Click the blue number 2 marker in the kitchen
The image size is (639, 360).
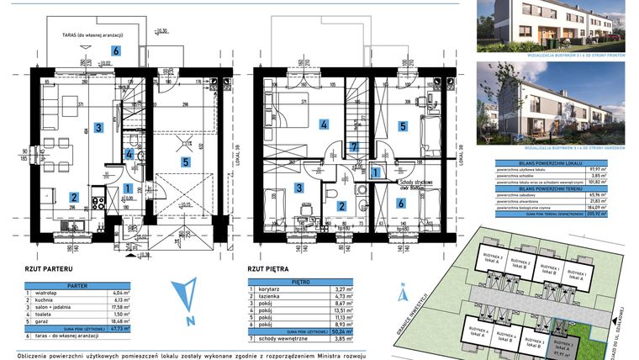tap(74, 198)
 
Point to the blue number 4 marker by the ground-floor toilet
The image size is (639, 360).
tap(128, 154)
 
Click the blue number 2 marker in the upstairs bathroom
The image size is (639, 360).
tap(341, 204)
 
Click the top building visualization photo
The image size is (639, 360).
tap(551, 25)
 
